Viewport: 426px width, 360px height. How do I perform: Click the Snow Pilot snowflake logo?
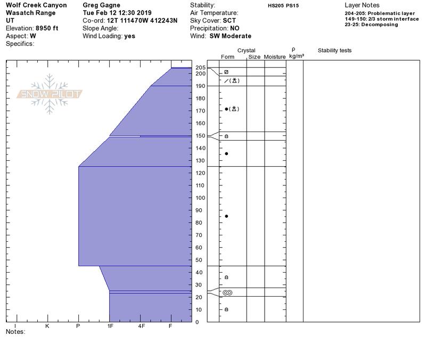pos(50,94)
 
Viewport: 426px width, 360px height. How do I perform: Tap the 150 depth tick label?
pos(201,136)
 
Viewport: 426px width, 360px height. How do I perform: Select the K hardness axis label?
pos(47,326)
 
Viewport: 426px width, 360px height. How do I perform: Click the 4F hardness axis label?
pos(141,326)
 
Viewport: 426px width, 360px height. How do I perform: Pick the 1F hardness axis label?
pos(110,326)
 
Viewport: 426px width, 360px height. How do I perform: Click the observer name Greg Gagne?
pos(101,5)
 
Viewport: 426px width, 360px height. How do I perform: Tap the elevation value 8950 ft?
pos(47,28)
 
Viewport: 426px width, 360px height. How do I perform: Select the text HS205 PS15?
pos(283,6)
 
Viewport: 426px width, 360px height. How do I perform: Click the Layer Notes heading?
pos(362,5)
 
